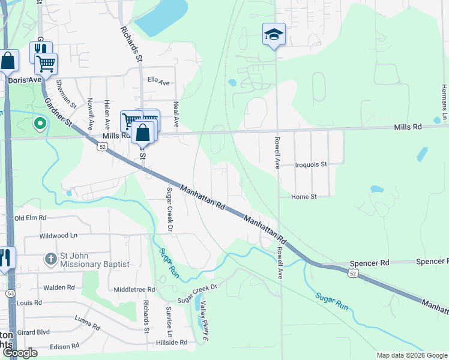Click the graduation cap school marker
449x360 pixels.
pos(274,35)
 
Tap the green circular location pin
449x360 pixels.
pos(40,124)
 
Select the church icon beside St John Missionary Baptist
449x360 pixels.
pos(51,260)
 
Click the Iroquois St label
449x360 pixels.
pos(311,164)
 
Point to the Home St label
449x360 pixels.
pos(304,197)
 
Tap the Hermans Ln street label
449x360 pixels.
pos(444,102)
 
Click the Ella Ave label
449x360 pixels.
pos(159,83)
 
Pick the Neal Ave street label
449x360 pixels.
pos(176,113)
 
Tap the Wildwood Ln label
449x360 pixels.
pos(59,236)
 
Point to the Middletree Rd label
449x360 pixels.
pos(134,289)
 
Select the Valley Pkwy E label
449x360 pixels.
pos(204,314)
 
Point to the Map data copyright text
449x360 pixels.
pos(412,355)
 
